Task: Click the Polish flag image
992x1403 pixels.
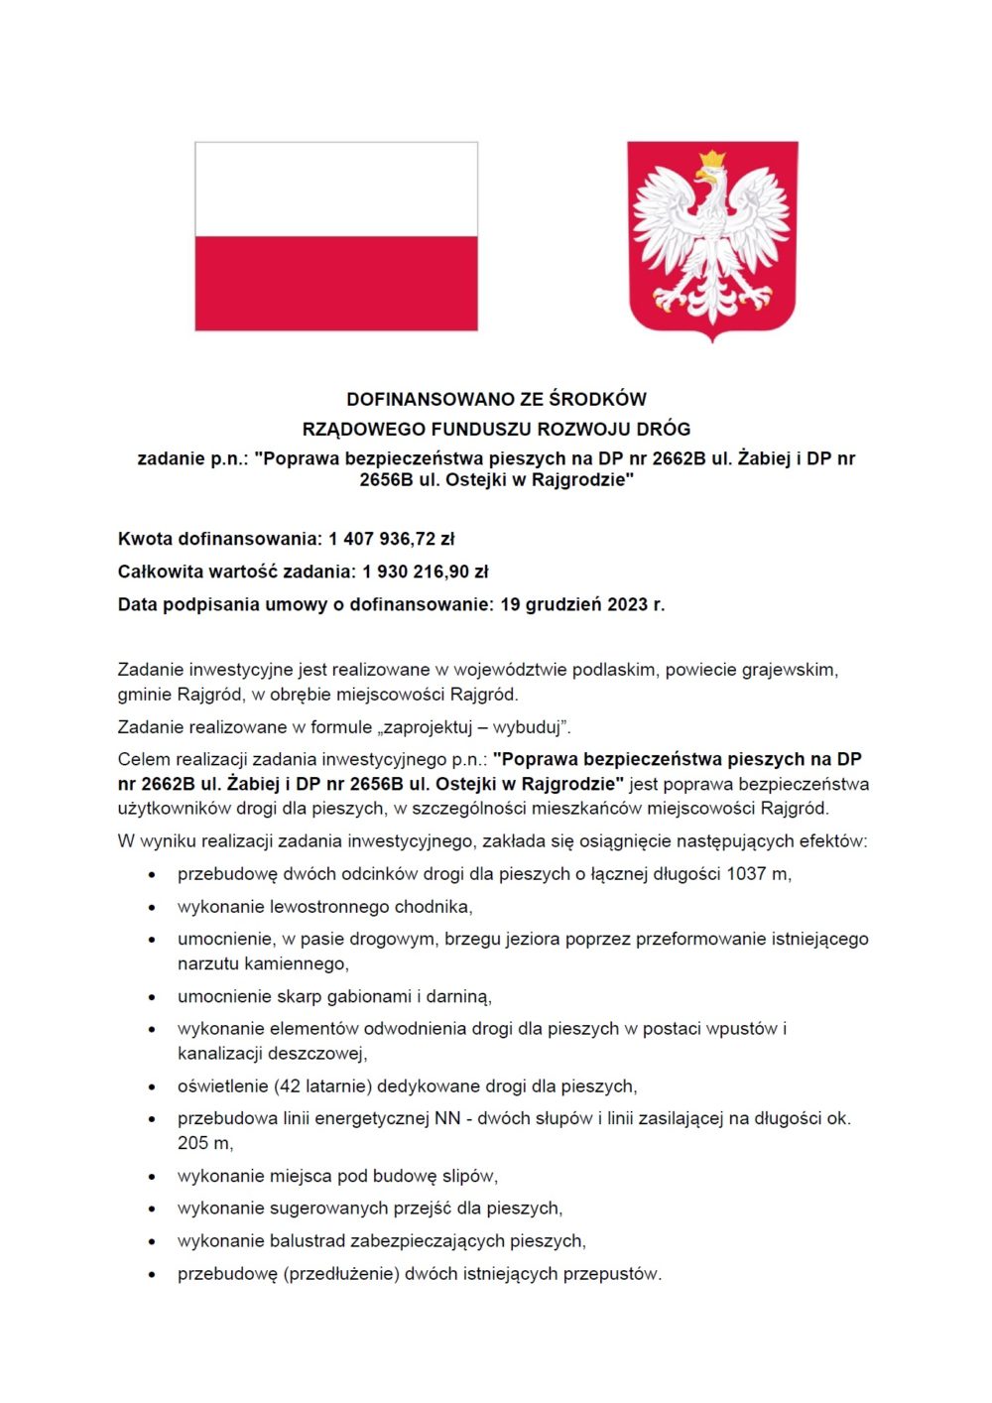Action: [336, 235]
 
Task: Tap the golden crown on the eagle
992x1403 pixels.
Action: [711, 159]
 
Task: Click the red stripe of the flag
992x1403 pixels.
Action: [336, 283]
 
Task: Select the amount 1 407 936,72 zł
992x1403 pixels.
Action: [392, 539]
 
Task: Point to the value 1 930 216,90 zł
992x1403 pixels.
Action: [426, 572]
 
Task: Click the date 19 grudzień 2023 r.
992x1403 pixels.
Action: [582, 604]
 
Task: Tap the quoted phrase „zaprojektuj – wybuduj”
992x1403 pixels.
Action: [477, 727]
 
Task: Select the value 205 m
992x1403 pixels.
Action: [204, 1143]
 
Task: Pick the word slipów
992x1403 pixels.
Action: [469, 1176]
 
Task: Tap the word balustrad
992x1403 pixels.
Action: [308, 1241]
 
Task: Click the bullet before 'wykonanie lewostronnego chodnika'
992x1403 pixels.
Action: [152, 907]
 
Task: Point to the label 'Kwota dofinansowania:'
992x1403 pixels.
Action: [220, 539]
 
